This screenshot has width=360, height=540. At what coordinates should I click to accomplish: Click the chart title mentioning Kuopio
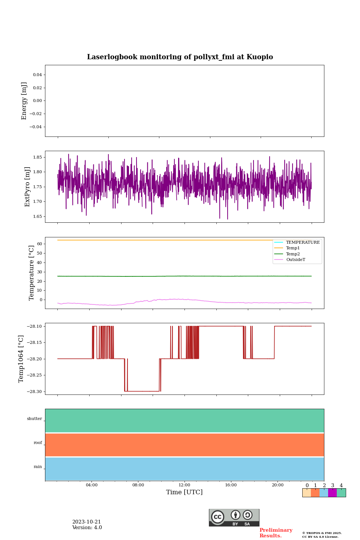pos(180,57)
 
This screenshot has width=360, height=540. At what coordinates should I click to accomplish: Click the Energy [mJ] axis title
pos(24,101)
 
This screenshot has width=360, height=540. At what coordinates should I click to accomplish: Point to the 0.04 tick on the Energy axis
pos(37,75)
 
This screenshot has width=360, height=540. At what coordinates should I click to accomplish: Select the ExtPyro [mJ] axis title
pos(27,187)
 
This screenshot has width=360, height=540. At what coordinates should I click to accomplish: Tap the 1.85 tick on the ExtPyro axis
pos(37,157)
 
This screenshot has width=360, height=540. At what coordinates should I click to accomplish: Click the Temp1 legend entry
pos(293,248)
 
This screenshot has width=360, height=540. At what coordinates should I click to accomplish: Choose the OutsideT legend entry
pos(295,260)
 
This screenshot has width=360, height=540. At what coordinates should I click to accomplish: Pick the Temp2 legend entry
pos(293,254)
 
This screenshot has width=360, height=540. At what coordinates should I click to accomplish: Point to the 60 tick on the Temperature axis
pos(39,244)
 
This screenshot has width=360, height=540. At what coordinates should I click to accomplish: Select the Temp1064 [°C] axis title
pos(21,359)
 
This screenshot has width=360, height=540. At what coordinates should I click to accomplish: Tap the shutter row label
pos(34,419)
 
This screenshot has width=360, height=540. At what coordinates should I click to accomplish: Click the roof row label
pos(38,443)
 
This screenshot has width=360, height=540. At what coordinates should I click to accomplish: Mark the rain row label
pos(38,467)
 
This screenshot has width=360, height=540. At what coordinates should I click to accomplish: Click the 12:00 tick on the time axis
pos(184,485)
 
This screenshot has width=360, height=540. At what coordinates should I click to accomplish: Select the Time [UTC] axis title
pos(184,492)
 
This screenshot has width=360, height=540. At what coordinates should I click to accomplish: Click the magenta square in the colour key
pos(332,493)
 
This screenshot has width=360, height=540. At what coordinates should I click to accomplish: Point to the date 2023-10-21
pos(87,522)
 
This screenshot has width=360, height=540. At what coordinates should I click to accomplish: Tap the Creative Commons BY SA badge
pos(234,517)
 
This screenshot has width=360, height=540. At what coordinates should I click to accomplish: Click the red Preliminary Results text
pos(276,533)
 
